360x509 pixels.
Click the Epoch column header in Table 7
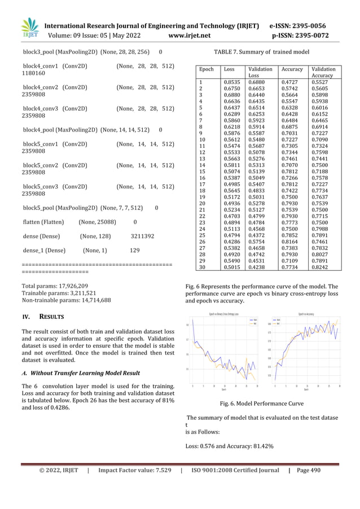(x=207, y=69)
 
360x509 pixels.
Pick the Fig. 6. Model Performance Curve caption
(x=263, y=403)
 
